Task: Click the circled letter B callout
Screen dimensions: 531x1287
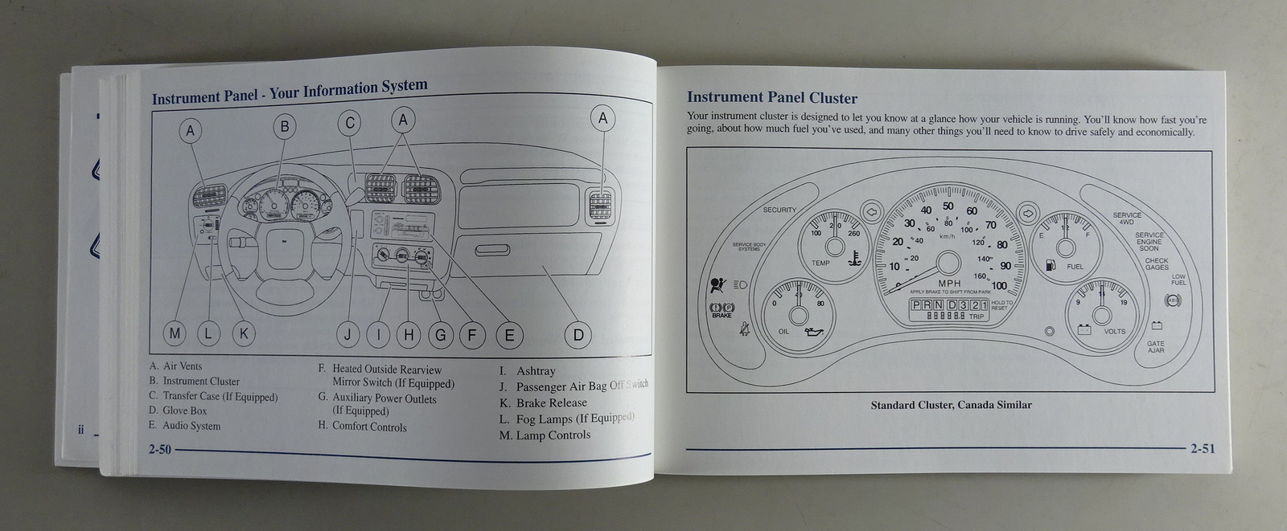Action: pyautogui.click(x=284, y=125)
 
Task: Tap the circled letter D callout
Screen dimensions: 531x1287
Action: pyautogui.click(x=578, y=335)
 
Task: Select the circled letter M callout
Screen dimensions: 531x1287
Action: pyautogui.click(x=175, y=333)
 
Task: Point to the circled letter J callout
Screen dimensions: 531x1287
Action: pyautogui.click(x=347, y=334)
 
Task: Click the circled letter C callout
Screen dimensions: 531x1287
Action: pyautogui.click(x=350, y=123)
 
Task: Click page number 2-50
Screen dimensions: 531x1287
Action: pyautogui.click(x=159, y=450)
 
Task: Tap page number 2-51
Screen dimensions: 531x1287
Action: pyautogui.click(x=1203, y=448)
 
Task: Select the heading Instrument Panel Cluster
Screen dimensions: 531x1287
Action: pyautogui.click(x=771, y=98)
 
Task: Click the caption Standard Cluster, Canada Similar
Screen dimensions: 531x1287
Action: pyautogui.click(x=951, y=405)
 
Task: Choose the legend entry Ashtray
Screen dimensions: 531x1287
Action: pyautogui.click(x=535, y=371)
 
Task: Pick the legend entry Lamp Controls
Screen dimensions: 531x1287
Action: pyautogui.click(x=553, y=435)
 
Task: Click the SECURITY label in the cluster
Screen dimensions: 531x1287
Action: pyautogui.click(x=779, y=210)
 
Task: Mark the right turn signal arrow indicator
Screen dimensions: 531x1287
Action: pyautogui.click(x=1027, y=213)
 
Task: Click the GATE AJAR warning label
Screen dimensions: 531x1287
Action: pyautogui.click(x=1156, y=347)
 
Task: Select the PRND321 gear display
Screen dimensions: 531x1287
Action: pyautogui.click(x=948, y=305)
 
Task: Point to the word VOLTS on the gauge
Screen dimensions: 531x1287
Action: pyautogui.click(x=1114, y=331)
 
